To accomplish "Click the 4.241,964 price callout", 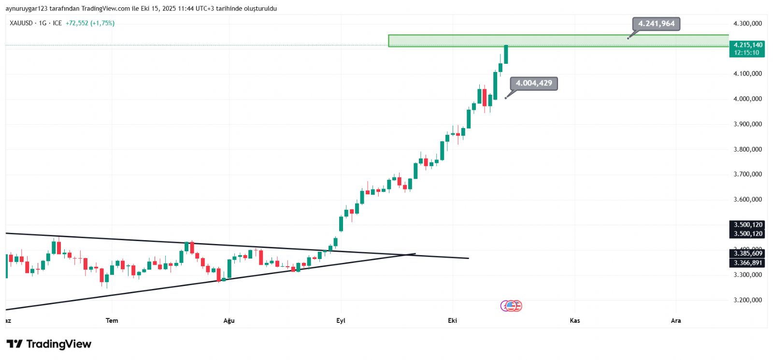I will [x=656, y=24].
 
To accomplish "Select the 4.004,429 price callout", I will [x=534, y=83].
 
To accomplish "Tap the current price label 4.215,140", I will [x=747, y=45].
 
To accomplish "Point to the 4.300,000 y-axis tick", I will [x=747, y=24].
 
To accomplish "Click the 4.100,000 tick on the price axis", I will [x=747, y=74].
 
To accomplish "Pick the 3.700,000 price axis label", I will [x=747, y=174].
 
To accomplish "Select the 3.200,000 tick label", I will [x=747, y=300].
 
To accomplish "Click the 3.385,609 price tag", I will [x=747, y=254].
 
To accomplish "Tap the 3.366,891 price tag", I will [x=747, y=263].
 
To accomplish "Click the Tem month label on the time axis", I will [x=112, y=321].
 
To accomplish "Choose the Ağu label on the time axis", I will [x=229, y=321].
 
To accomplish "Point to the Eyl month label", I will [x=341, y=321].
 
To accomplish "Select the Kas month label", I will [x=575, y=321].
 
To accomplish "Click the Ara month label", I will [x=676, y=321].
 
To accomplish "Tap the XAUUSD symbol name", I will [x=21, y=23].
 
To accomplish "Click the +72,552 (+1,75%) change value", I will [x=90, y=23].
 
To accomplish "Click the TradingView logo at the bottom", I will [x=49, y=344].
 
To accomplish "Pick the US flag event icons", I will [x=512, y=306].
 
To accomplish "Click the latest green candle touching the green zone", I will [x=506, y=54].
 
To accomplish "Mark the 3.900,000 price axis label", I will [x=747, y=124].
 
